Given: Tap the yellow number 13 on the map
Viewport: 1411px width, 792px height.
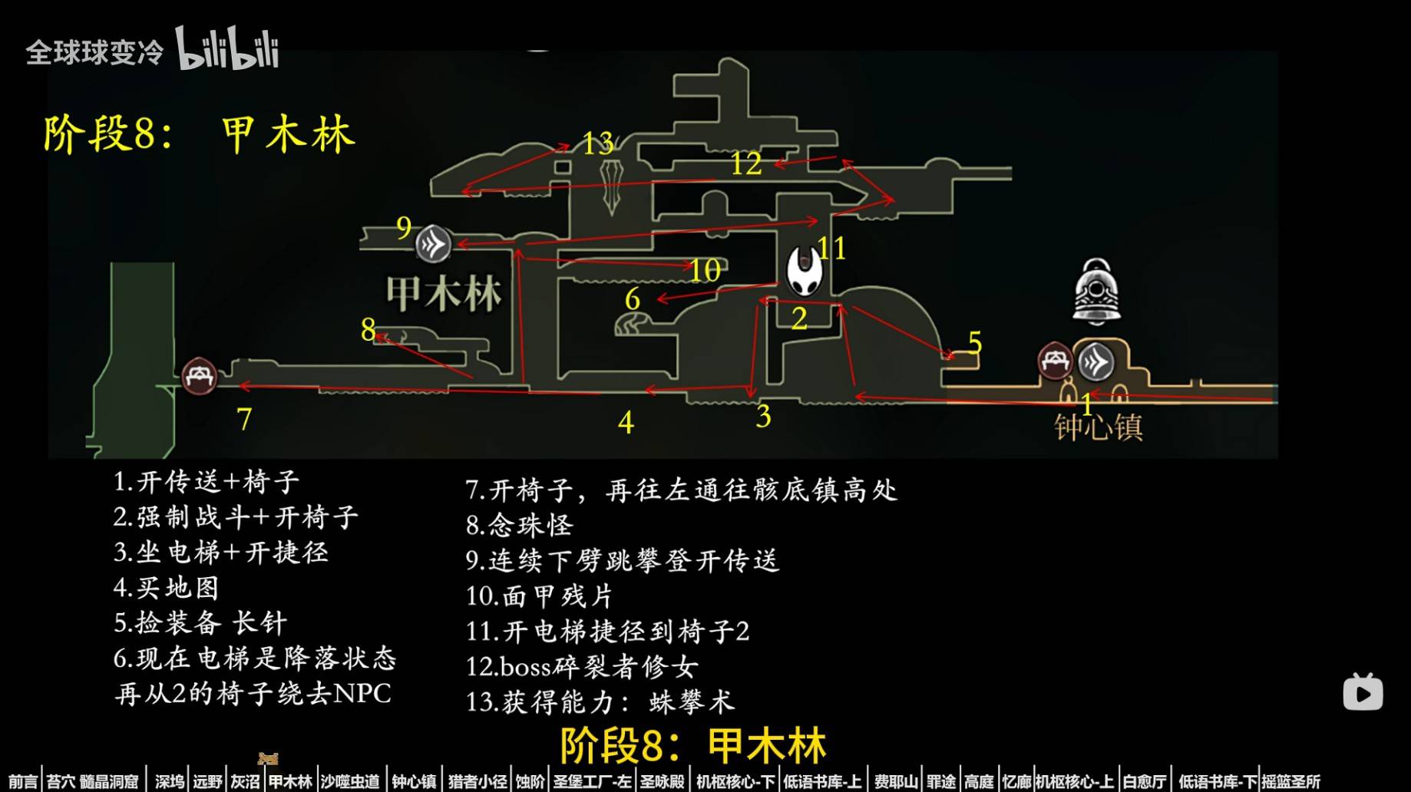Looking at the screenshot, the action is [x=597, y=143].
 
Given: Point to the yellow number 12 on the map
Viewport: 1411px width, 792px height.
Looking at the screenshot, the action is [x=746, y=163].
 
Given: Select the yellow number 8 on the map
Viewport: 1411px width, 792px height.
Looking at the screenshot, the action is [x=368, y=329].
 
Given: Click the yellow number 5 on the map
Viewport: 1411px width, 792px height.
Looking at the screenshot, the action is [x=975, y=342].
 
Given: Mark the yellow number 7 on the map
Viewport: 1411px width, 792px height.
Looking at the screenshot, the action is [x=244, y=419].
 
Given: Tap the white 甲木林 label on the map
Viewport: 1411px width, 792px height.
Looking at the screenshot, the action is [x=444, y=294].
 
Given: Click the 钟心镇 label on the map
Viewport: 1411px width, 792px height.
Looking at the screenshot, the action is [x=1099, y=427].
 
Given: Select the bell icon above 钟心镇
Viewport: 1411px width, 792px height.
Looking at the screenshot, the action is [x=1096, y=292].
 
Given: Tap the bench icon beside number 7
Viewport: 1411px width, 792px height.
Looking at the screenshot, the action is [x=200, y=377].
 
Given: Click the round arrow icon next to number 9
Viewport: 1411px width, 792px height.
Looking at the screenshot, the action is [x=433, y=245].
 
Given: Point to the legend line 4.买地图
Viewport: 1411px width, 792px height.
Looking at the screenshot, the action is [x=167, y=588].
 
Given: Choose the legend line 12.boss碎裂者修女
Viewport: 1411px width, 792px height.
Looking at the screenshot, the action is [x=582, y=666].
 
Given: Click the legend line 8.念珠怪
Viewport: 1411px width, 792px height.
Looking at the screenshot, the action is [x=520, y=525].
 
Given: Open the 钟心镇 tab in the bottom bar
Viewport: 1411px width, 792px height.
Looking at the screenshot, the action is [x=414, y=781].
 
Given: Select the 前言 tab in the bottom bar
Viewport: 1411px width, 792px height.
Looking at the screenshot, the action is [x=23, y=781].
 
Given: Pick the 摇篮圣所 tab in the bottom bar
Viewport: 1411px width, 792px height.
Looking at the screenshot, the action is [x=1291, y=781].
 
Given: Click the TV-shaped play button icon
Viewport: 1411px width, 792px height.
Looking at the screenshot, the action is [x=1363, y=692].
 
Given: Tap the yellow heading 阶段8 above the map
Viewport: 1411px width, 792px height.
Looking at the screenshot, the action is [x=109, y=135].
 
